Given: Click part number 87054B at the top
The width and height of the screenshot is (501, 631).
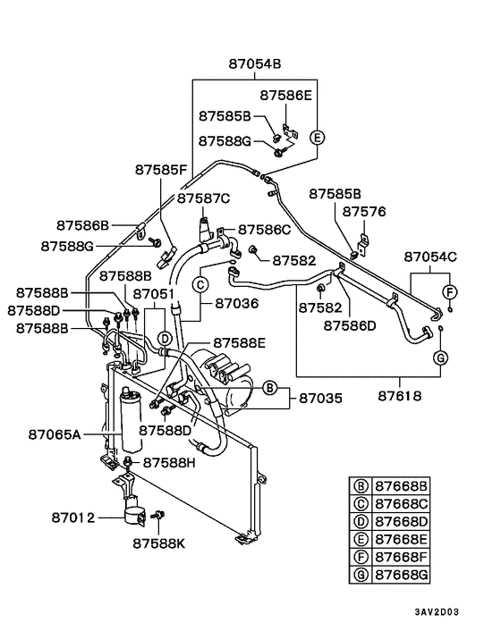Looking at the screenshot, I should (x=254, y=64).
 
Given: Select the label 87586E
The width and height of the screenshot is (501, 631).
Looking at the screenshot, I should (x=287, y=94).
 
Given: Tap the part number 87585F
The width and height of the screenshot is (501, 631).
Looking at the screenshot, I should (x=161, y=169).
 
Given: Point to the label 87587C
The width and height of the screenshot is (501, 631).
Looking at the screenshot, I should (x=203, y=198).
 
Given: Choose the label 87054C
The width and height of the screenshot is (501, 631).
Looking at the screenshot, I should (x=429, y=257).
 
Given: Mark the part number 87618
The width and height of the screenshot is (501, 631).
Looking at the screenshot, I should (x=417, y=393).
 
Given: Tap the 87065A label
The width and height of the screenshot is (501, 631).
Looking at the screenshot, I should (x=55, y=434).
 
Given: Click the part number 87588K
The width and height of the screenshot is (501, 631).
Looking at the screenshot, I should (x=161, y=542).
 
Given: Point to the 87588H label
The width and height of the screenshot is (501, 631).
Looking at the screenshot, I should (x=169, y=462).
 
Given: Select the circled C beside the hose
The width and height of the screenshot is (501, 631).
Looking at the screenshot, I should (x=200, y=284).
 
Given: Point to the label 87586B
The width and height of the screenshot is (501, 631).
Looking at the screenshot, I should (x=82, y=225).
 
